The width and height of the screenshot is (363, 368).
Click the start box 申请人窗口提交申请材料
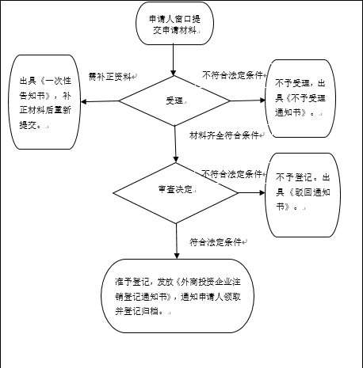(x=174, y=23)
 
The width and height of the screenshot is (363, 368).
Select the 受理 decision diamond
(x=174, y=101)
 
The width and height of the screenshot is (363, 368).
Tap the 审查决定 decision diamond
(x=176, y=193)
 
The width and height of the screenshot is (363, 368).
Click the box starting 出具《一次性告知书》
(x=44, y=102)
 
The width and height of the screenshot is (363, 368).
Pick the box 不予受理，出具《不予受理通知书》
(x=300, y=98)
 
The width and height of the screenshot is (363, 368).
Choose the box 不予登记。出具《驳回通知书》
(x=303, y=195)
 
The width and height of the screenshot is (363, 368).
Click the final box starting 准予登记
(x=178, y=296)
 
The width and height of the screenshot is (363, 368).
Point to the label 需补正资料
(x=110, y=77)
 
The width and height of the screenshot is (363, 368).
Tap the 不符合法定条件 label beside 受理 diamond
(x=232, y=75)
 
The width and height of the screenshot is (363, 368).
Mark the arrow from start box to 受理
(x=174, y=60)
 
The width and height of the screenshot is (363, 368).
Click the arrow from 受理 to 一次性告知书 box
(x=100, y=101)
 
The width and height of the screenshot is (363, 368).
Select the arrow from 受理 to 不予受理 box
(x=247, y=101)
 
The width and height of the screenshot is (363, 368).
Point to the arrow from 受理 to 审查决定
(x=175, y=144)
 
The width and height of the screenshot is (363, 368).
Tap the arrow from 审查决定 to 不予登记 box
(x=251, y=193)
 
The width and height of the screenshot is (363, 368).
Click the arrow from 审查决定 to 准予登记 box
(x=177, y=241)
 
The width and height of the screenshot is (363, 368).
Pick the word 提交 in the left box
(x=28, y=125)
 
